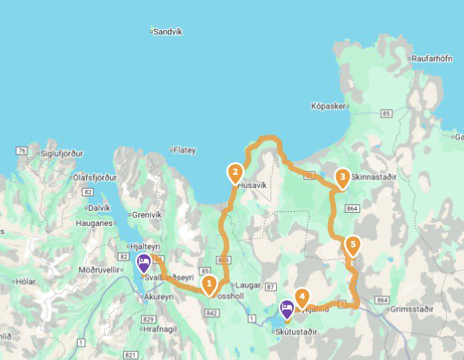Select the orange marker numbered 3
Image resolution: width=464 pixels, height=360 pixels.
coord(341,178)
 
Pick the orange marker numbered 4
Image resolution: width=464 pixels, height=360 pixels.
coord(302,297)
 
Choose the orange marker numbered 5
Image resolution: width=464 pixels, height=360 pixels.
coord(352,244)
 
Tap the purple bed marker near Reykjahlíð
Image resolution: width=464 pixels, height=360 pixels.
coord(286,309)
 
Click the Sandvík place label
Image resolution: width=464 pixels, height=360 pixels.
coord(167,32)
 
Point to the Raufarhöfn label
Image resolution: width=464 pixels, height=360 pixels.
coord(431,59)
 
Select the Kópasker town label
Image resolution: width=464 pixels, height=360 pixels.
coord(327,107)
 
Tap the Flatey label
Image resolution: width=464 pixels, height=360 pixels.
coord(184,149)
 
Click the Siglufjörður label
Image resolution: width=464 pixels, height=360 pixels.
coord(61,153)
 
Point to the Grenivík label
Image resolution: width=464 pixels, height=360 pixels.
coord(145,214)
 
